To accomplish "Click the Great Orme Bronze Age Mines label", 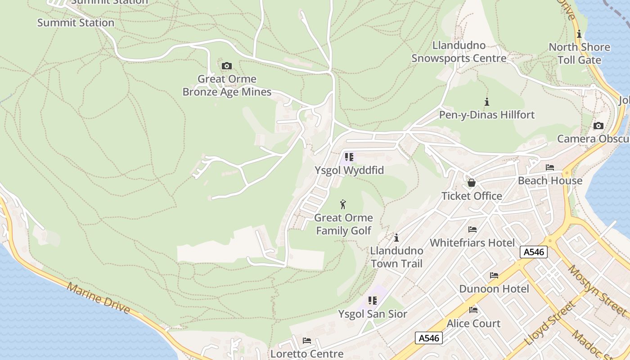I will (x=227, y=85).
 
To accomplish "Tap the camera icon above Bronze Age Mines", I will (x=227, y=66).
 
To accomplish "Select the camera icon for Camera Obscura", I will (x=598, y=126).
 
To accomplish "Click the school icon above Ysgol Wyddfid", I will (x=349, y=157).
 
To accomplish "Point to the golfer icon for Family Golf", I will (x=343, y=204).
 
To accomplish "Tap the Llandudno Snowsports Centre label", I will (x=459, y=52).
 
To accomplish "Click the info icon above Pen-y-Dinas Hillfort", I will (x=486, y=102).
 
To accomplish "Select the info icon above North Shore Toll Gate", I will (x=579, y=34).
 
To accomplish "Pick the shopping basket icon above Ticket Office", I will (x=472, y=183).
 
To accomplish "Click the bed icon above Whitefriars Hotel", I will (x=472, y=229).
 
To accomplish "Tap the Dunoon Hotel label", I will (x=494, y=288).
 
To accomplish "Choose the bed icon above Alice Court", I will (x=473, y=310).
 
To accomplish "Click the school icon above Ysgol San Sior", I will (x=372, y=301).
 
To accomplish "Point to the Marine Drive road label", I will (x=99, y=298).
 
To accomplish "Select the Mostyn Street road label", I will (x=597, y=290).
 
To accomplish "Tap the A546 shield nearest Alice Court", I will (x=429, y=338).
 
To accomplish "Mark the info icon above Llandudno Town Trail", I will (x=396, y=238).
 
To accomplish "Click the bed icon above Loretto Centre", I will (x=307, y=341).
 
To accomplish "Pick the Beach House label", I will (x=550, y=180).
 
